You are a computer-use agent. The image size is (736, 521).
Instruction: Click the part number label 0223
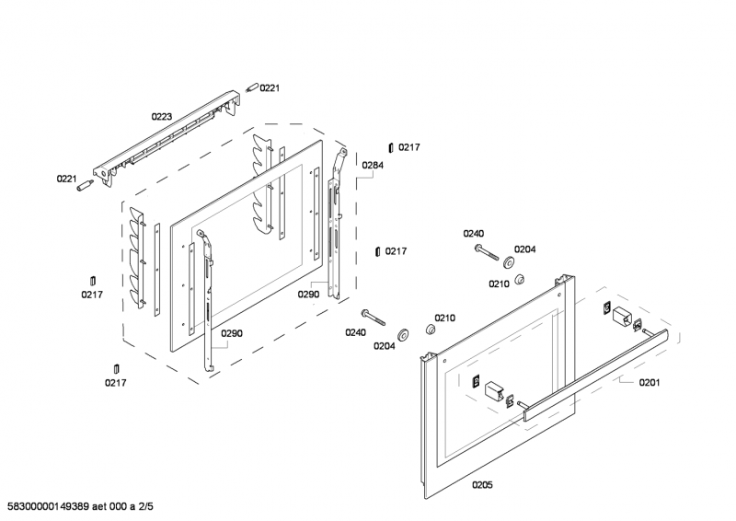[x=162, y=117]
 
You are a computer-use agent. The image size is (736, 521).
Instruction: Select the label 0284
[x=373, y=166]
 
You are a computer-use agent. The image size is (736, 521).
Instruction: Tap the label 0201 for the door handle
[x=650, y=382]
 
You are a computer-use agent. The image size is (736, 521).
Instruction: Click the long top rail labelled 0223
[x=166, y=138]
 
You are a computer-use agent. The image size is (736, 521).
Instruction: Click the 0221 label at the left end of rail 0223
[x=68, y=179]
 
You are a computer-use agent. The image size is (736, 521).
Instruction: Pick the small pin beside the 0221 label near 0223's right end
[x=251, y=87]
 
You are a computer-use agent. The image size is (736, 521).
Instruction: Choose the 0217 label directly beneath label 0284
[x=397, y=251]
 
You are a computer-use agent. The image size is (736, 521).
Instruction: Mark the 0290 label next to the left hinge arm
[x=232, y=333]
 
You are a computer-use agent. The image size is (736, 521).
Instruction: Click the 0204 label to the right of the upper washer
[x=524, y=249]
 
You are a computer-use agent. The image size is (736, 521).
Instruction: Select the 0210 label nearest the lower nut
[x=445, y=318]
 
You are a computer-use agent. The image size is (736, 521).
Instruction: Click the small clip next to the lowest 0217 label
[x=116, y=369]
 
